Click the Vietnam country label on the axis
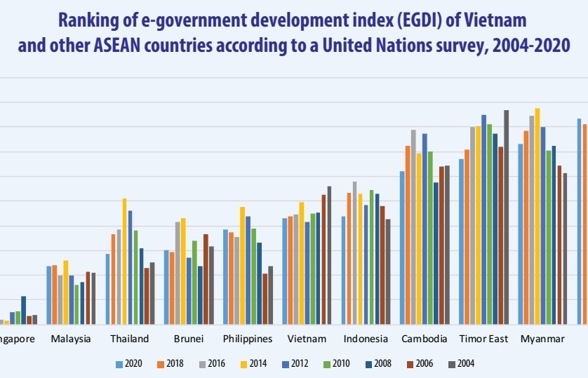pos(307,339)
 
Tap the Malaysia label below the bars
pos(71,339)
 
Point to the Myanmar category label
pos(542,339)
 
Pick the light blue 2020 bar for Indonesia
pos(344,270)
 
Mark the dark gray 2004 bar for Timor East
pos(506,217)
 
